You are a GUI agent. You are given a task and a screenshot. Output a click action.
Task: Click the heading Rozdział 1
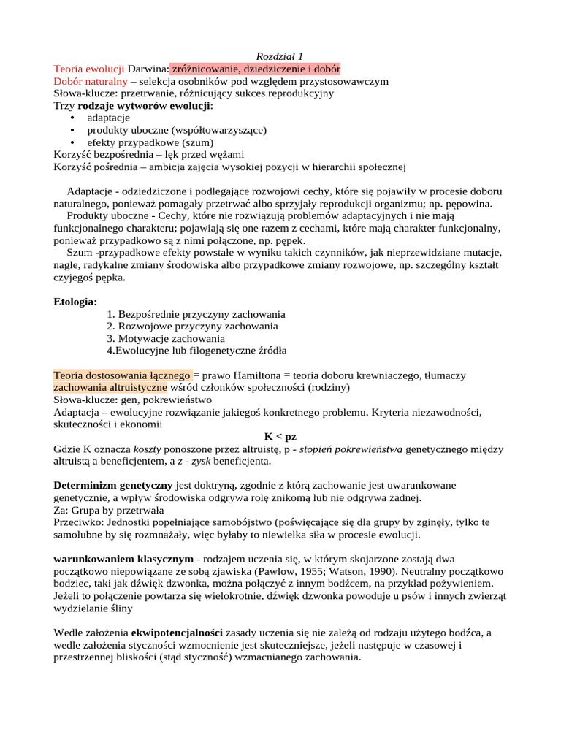280,57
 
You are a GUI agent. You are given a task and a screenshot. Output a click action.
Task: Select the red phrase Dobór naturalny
91,81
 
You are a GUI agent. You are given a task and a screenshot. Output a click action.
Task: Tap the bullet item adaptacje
108,117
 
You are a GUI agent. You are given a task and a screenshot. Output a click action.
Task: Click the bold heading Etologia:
75,302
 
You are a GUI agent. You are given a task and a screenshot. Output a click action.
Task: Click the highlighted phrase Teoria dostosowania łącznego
122,375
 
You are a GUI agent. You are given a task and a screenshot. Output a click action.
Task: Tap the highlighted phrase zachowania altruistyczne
110,387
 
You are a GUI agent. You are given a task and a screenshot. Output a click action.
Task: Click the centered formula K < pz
280,436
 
